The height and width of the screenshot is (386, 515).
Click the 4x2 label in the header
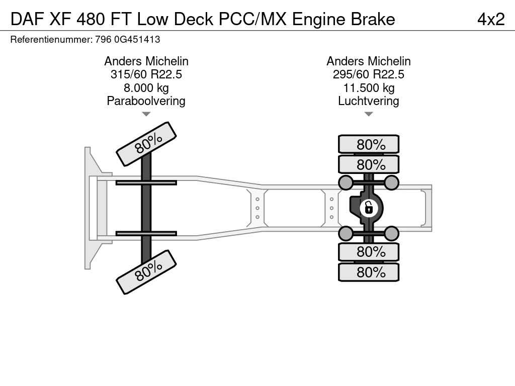[490, 19]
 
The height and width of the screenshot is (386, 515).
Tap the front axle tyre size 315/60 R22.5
[146, 74]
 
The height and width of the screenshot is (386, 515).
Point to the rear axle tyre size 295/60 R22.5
[368, 74]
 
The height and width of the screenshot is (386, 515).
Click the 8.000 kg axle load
[146, 88]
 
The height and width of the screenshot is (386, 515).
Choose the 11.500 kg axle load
[368, 88]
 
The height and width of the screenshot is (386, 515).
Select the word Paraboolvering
[146, 101]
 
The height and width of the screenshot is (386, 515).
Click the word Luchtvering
[368, 101]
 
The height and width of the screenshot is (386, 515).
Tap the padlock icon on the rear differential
[368, 207]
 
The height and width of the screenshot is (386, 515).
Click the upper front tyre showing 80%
[146, 143]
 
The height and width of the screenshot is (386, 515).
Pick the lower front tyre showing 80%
[146, 271]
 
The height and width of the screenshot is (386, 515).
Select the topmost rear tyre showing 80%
[369, 144]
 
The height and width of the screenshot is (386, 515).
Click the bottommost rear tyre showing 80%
[369, 272]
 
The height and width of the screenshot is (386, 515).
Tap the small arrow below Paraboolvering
[146, 114]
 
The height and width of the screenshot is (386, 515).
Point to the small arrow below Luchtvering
[368, 114]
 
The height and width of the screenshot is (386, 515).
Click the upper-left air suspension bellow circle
[346, 182]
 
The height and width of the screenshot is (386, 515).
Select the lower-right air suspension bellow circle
[391, 233]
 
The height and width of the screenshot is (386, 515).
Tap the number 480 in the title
[91, 19]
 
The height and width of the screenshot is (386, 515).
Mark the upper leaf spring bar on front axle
[146, 182]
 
